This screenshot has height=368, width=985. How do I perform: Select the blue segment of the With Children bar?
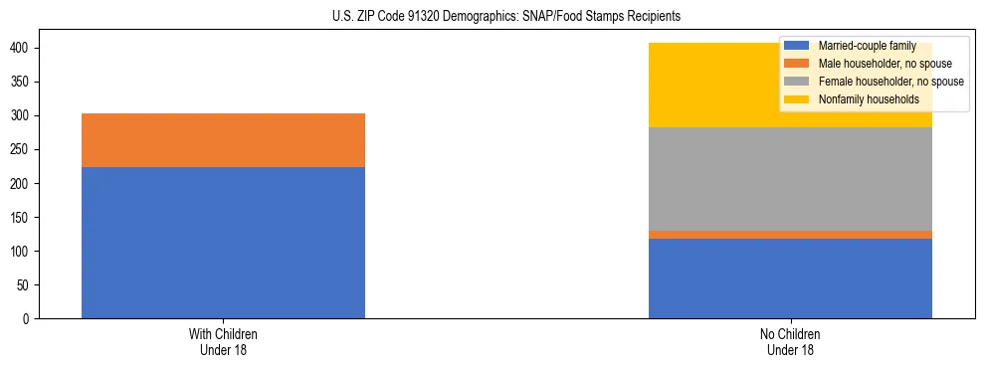223,243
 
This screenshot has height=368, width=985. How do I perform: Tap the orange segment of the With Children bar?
223,140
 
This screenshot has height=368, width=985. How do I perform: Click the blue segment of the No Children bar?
790,278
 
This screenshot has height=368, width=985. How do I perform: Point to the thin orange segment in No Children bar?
790,235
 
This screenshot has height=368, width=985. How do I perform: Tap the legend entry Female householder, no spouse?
887,82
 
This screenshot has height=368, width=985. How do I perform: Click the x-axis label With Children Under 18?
223,341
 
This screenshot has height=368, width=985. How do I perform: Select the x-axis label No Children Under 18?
790,341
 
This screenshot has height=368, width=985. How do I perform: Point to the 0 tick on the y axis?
30,319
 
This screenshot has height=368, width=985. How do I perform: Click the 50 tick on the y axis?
26,285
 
